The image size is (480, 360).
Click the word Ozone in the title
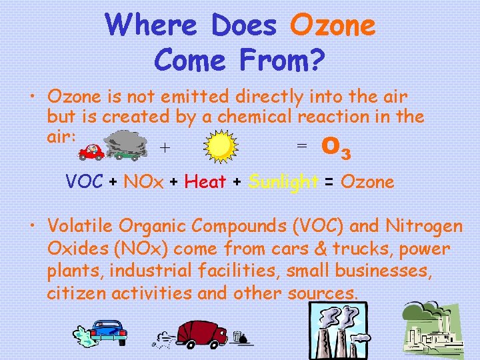pos(333,26)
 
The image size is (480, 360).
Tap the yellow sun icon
pos(221,147)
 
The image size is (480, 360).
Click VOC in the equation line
pos(84,181)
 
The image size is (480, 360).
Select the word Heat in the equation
pos(205,181)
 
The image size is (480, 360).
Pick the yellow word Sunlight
pos(283,181)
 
